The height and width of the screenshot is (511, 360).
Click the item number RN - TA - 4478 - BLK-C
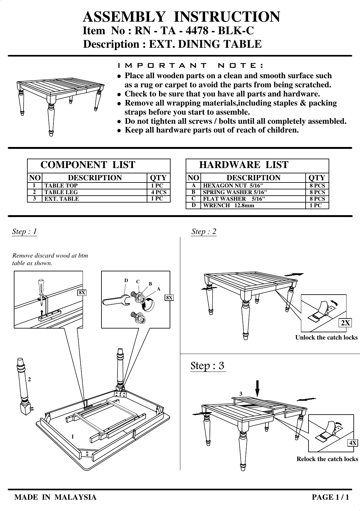(194, 31)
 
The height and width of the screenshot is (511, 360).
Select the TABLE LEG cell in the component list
(61, 192)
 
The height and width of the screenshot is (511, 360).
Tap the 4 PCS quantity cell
(159, 192)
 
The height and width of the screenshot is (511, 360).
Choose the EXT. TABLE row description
(62, 199)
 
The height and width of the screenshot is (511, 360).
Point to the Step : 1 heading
(25, 232)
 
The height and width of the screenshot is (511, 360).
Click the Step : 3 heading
(208, 366)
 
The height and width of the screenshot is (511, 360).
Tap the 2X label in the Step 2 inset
(346, 323)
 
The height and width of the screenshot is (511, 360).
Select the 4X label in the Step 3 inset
(353, 443)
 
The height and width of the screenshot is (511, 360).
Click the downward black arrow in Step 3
(257, 388)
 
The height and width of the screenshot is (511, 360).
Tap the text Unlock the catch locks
(326, 338)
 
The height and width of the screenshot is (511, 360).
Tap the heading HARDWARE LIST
(243, 165)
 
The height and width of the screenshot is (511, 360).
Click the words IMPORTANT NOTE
(190, 66)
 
